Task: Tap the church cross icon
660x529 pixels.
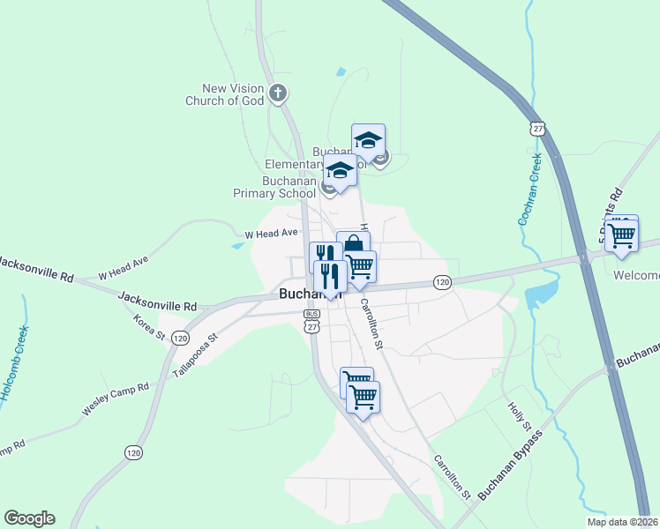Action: tap(277, 92)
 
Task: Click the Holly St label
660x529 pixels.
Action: tap(518, 415)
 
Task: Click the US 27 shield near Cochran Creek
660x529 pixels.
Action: tap(538, 129)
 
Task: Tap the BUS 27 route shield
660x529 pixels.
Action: tap(311, 320)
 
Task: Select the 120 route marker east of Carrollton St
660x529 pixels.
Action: tap(442, 282)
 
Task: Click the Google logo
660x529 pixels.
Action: tap(29, 518)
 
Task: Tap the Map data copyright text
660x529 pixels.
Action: tap(621, 522)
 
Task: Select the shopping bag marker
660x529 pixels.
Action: tap(353, 245)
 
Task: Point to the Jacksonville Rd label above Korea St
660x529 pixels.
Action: tap(157, 305)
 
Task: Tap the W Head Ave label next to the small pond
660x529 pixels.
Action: tap(272, 234)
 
